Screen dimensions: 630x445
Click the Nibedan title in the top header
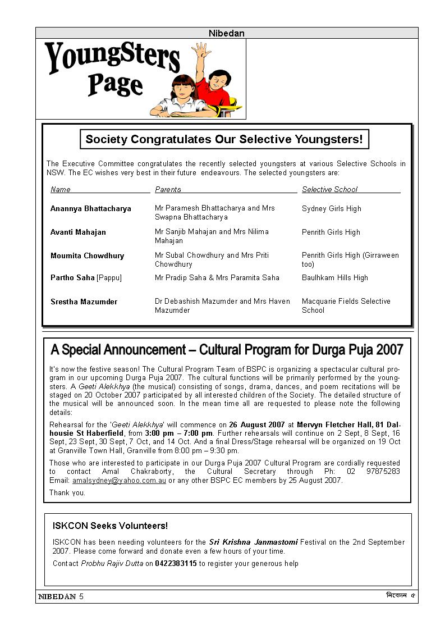point(226,33)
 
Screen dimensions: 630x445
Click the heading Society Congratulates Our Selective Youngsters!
point(224,139)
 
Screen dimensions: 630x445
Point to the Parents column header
point(168,190)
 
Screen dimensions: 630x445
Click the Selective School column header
point(329,190)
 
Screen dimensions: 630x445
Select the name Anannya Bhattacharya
point(90,209)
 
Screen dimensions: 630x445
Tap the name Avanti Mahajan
point(78,232)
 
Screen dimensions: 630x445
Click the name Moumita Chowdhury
point(87,256)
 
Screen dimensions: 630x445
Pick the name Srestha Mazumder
point(84,302)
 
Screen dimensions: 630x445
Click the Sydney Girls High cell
point(331,209)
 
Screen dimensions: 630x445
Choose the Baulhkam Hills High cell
point(334,278)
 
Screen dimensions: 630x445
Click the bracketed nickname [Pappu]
point(109,278)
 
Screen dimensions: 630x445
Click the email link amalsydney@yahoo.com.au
point(119,481)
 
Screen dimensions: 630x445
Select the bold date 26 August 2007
point(256,425)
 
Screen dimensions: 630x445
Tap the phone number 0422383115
point(176,564)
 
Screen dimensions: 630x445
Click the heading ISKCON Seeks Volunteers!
point(110,526)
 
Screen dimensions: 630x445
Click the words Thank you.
point(67,493)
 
